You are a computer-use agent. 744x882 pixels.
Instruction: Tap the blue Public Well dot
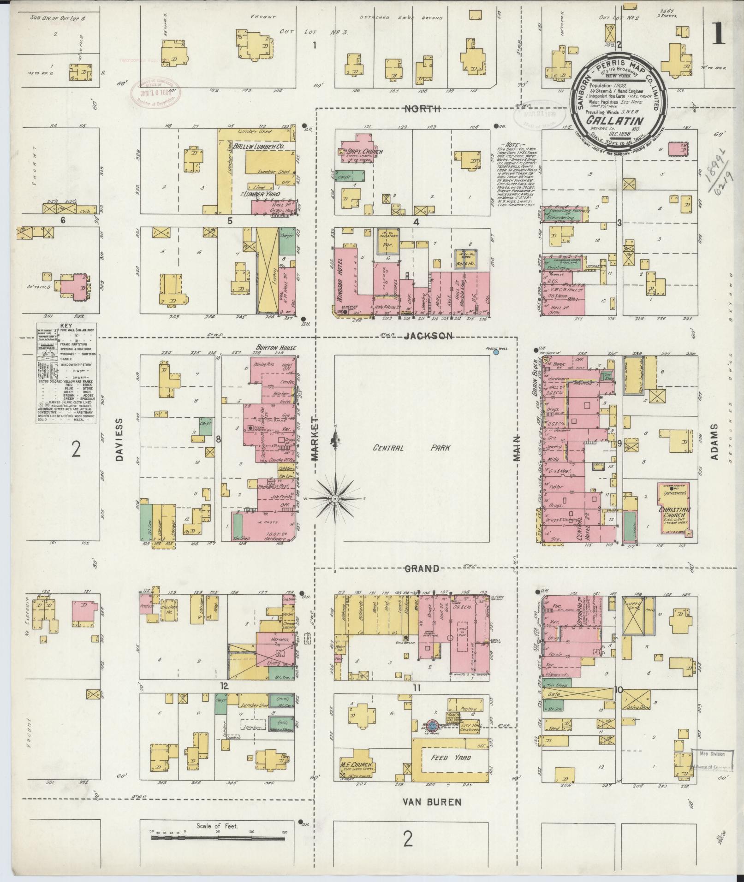[x=496, y=353]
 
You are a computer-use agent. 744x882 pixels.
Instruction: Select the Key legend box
[x=66, y=373]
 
